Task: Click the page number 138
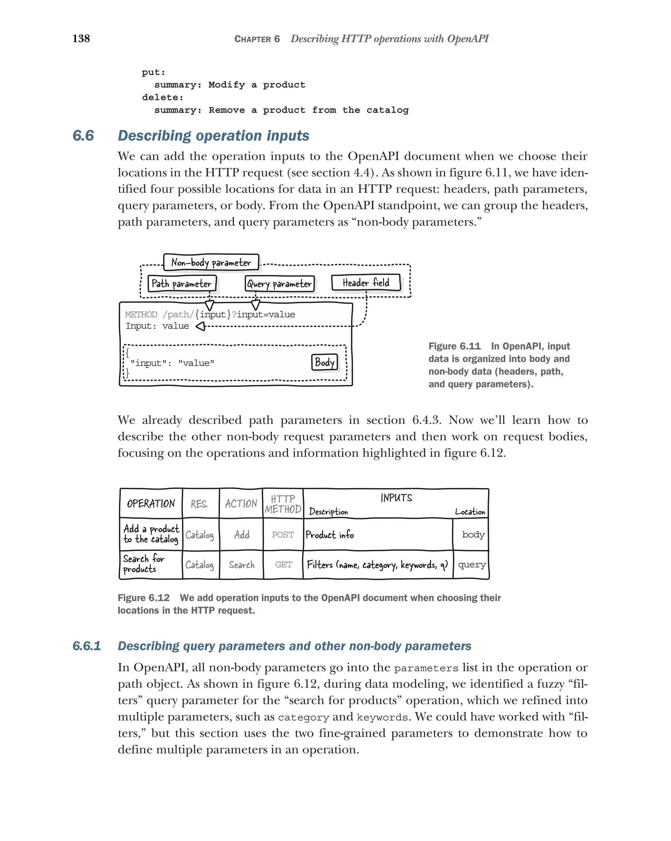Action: [81, 39]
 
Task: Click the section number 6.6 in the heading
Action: [83, 136]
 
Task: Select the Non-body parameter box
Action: [211, 262]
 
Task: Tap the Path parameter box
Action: [182, 283]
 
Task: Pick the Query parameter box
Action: [279, 283]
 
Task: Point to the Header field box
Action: [366, 283]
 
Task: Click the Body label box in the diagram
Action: [324, 362]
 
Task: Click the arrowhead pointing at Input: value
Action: [201, 326]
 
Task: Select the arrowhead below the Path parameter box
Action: [210, 305]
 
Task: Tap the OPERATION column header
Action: [151, 503]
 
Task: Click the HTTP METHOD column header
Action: [283, 504]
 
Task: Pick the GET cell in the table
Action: [283, 564]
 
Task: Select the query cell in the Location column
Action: [471, 564]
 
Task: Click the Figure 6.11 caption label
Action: [454, 346]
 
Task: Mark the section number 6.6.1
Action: [86, 646]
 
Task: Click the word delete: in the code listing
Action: [163, 98]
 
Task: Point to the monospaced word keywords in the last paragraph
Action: [382, 717]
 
